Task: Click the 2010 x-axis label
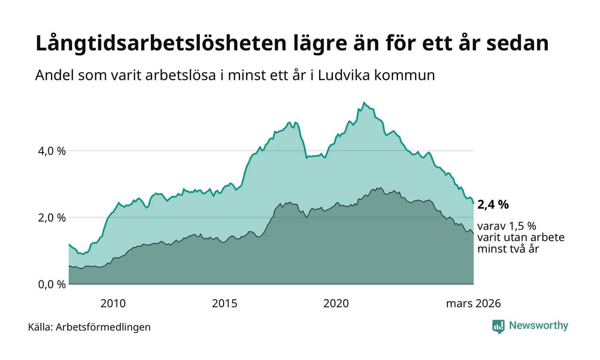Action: pyautogui.click(x=113, y=304)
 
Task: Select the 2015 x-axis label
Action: pyautogui.click(x=225, y=304)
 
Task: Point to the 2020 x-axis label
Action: pyautogui.click(x=336, y=304)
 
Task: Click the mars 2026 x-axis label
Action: pyautogui.click(x=473, y=304)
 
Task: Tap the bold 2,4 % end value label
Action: pyautogui.click(x=493, y=205)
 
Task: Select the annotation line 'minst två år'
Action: pyautogui.click(x=507, y=248)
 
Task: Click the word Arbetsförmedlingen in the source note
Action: pyautogui.click(x=103, y=327)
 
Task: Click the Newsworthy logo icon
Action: pyautogui.click(x=498, y=327)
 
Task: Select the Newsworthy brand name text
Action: pyautogui.click(x=539, y=326)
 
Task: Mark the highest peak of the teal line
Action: pyautogui.click(x=364, y=102)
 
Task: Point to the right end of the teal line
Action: pyautogui.click(x=474, y=203)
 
